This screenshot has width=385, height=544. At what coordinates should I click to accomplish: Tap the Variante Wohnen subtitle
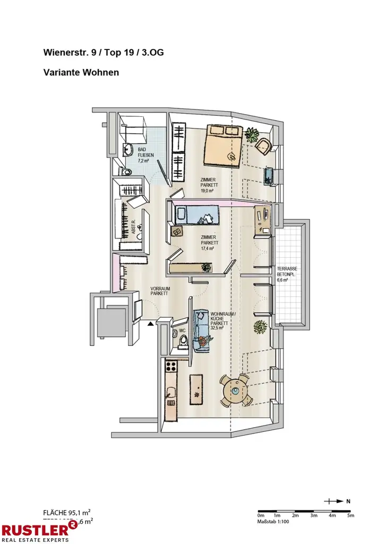click(81, 72)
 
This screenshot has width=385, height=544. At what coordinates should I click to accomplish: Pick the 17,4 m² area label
click(207, 248)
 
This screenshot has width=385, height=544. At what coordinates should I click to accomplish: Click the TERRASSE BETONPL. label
click(287, 272)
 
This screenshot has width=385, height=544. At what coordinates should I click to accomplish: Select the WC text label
click(182, 330)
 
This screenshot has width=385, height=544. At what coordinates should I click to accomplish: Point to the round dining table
click(235, 390)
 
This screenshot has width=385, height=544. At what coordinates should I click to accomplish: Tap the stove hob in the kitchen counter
click(171, 367)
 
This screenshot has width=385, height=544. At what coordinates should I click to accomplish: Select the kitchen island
click(196, 388)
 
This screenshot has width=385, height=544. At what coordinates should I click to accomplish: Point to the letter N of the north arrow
click(348, 501)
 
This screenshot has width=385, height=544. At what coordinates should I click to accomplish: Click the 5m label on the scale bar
click(350, 515)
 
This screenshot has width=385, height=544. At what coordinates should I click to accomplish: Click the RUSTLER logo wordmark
click(35, 529)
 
